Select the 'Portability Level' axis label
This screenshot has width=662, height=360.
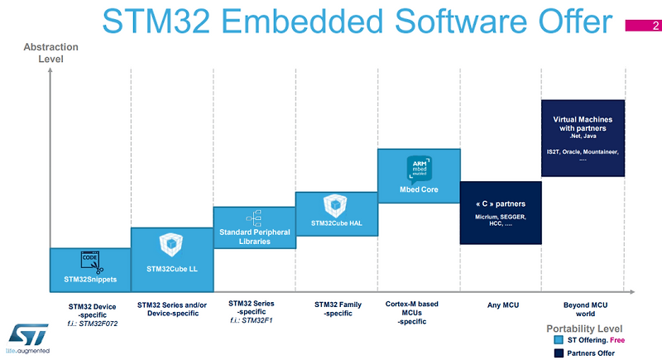(x=583, y=329)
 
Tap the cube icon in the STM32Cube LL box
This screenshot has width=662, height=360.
(x=171, y=243)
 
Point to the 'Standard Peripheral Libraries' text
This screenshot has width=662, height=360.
(x=254, y=237)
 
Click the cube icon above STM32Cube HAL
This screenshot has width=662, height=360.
(x=335, y=204)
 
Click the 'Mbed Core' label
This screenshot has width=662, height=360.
(x=418, y=189)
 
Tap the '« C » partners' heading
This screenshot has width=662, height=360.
(x=500, y=204)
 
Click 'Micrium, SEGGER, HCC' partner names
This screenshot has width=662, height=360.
(x=500, y=220)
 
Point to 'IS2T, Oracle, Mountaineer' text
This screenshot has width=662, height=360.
(x=583, y=152)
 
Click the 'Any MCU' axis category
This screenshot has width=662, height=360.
(x=500, y=305)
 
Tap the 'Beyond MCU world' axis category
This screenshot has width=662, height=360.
(x=583, y=310)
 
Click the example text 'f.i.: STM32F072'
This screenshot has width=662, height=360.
(x=91, y=323)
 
